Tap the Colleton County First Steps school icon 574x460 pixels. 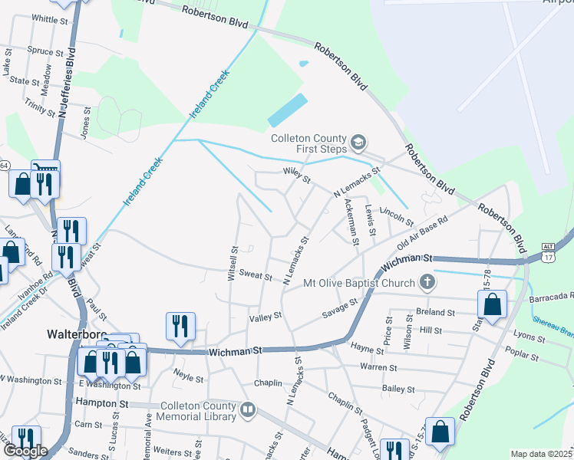coord(358,143)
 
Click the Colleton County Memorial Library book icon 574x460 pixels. coord(247,410)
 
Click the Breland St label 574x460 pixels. coord(436,313)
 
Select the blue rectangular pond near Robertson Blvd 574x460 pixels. coord(288,110)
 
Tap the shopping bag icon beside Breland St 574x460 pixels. coord(492,304)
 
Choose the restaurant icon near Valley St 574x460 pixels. coord(181,325)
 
